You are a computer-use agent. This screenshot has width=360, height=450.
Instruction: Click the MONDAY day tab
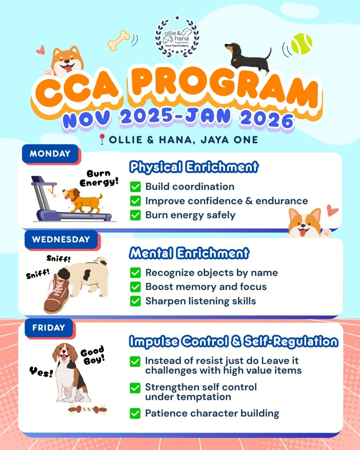[x=50, y=154]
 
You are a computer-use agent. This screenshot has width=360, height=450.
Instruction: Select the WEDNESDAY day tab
[x=61, y=239]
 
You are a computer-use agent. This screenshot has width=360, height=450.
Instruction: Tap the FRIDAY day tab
[x=49, y=328]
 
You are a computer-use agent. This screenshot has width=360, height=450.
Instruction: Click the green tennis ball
[x=301, y=43]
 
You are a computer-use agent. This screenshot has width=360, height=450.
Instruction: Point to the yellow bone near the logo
[x=119, y=40]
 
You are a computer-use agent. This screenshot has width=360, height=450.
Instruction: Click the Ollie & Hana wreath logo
[x=177, y=37]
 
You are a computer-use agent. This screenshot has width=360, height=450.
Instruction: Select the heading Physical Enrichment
[x=194, y=167]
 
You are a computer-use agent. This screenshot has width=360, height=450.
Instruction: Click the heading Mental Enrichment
[x=189, y=253]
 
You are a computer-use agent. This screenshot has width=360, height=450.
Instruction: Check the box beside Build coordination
[x=135, y=187]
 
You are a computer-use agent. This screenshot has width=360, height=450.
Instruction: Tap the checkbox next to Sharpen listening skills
[x=135, y=301]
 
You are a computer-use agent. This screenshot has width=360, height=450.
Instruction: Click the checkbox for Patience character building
[x=135, y=413]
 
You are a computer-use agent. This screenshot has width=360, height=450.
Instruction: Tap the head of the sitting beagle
[x=65, y=353]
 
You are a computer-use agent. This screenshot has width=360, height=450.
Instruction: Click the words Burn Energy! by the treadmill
[x=99, y=178]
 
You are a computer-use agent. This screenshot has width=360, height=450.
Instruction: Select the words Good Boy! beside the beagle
[x=93, y=355]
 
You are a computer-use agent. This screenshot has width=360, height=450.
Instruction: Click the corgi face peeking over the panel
[x=305, y=223]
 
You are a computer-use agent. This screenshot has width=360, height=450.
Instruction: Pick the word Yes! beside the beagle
[x=41, y=372]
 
